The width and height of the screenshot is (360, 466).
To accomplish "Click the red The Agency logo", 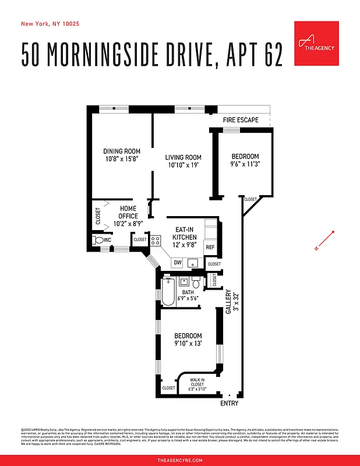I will click(316, 44).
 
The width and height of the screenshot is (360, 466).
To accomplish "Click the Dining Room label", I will click(122, 151).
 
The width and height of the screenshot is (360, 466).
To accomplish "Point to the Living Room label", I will click(183, 157).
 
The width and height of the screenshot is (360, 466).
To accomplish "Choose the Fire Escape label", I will click(241, 120).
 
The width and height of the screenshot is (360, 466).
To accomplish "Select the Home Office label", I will click(128, 212).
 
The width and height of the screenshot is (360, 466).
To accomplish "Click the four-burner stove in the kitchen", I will click(156, 239).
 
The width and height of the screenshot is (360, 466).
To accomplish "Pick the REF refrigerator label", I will click(210, 247).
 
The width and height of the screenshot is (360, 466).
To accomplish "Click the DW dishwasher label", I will click(177, 263).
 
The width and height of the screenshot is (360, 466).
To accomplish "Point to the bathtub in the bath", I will click(168, 291).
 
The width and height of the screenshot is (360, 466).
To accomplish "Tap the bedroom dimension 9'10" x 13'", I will click(188, 344).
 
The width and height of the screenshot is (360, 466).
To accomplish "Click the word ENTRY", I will click(229, 404).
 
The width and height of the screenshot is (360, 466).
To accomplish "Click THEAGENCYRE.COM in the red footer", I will click(180, 460).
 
